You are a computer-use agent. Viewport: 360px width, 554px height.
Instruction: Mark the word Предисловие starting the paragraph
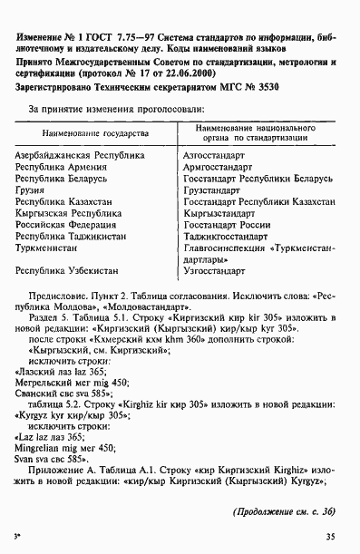58,296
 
